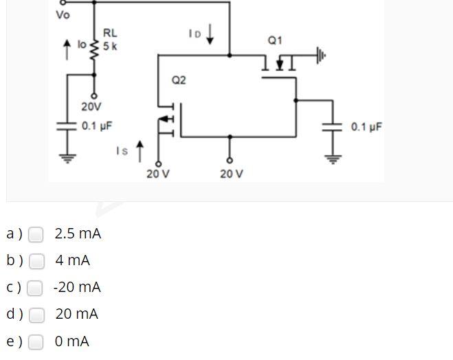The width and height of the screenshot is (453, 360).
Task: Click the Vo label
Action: pyautogui.click(x=63, y=15)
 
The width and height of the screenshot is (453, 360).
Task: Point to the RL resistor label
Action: pyautogui.click(x=110, y=32)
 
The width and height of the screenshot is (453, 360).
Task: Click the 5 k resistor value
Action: pyautogui.click(x=110, y=47)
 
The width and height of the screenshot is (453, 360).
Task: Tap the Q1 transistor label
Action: pyautogui.click(x=275, y=41)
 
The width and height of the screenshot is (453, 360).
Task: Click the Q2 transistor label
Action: pyautogui.click(x=179, y=80)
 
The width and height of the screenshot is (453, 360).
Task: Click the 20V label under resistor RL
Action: pyautogui.click(x=91, y=107)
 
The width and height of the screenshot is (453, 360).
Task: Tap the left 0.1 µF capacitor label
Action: pyautogui.click(x=96, y=126)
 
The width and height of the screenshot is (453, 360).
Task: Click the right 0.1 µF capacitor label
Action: pyautogui.click(x=366, y=127)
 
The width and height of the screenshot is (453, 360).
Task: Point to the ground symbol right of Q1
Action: pyautogui.click(x=320, y=56)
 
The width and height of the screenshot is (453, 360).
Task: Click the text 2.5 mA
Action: pyautogui.click(x=78, y=234)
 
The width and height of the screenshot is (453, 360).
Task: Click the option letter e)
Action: pyautogui.click(x=14, y=341)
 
